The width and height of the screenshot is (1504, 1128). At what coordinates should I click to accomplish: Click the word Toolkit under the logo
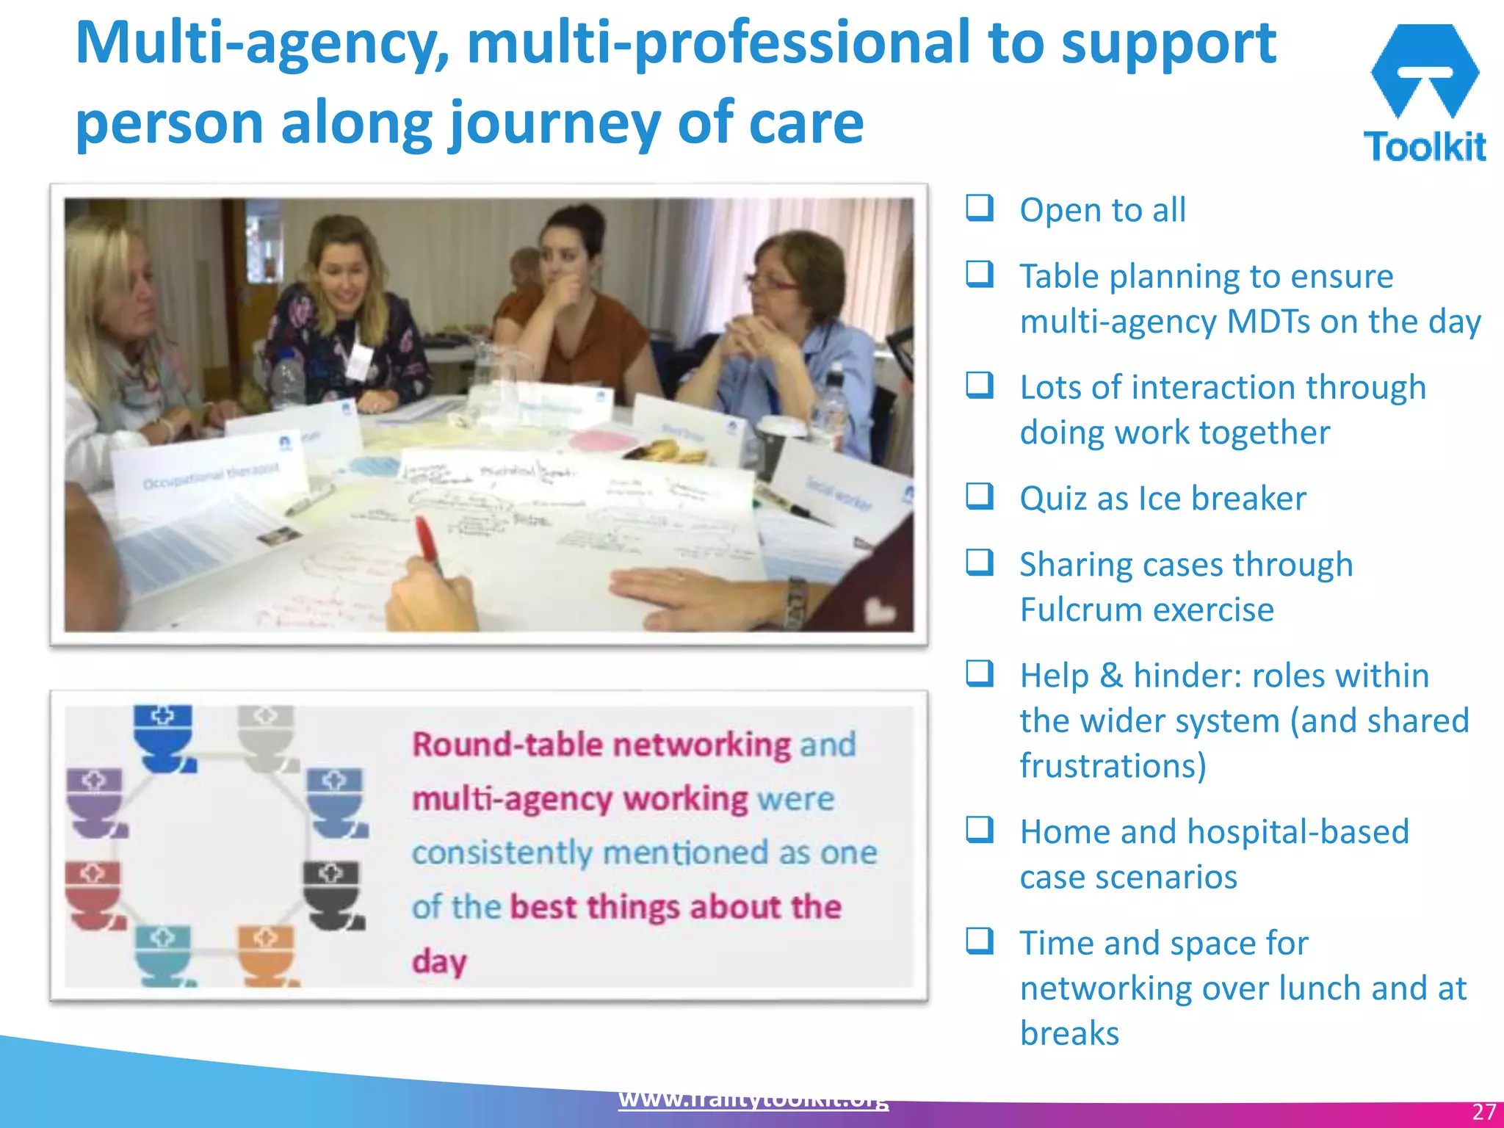point(1425,147)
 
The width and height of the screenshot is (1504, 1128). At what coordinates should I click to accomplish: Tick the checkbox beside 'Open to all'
point(980,208)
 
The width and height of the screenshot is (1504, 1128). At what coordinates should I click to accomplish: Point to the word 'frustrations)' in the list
point(1113,766)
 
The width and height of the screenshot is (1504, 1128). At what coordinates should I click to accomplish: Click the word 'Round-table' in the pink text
point(507,745)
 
